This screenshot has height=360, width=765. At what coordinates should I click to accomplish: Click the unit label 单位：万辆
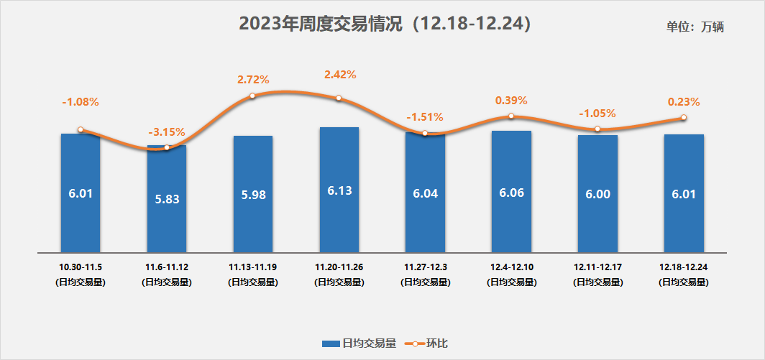[695, 27]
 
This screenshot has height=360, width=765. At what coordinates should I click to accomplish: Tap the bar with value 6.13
[339, 190]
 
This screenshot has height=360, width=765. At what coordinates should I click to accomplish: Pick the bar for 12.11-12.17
[597, 194]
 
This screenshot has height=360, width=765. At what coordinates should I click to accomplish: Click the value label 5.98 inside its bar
[253, 194]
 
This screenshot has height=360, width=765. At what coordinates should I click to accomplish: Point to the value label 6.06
[511, 193]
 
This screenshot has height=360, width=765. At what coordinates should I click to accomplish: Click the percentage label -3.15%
[167, 132]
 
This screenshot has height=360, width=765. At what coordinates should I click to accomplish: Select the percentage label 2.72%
[253, 80]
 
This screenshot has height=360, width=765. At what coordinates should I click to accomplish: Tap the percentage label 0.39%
[511, 101]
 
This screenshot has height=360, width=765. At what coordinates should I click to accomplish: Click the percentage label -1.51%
[425, 117]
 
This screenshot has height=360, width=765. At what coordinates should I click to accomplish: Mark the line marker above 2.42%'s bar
[339, 98]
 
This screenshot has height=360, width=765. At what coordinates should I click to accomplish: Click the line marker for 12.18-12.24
[684, 118]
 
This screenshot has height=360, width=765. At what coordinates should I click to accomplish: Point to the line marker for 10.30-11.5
[81, 130]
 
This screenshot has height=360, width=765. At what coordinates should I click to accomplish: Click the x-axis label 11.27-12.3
[425, 267]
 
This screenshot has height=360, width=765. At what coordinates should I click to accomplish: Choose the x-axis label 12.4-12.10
[511, 267]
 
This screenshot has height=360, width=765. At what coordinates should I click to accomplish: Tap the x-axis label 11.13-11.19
[253, 267]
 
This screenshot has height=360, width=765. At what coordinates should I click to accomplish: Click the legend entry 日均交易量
[359, 343]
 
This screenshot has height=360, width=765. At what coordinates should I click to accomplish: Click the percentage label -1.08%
[81, 102]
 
